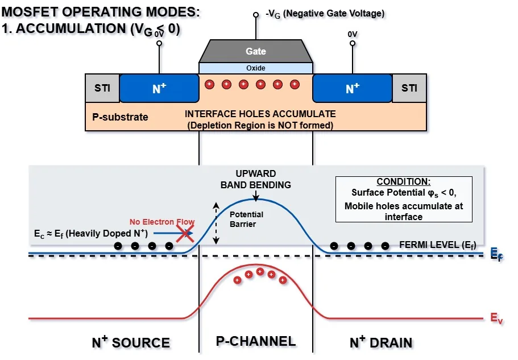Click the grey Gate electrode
coord(255,51)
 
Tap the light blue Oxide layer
coord(255,68)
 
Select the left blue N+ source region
coord(159,88)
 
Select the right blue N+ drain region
coord(353,88)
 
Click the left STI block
coord(102,88)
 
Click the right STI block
coord(409,88)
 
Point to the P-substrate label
coord(120,117)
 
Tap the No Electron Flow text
coord(161,222)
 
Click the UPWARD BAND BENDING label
coord(255,179)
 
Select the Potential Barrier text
coord(246,219)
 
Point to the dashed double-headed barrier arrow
coord(216,224)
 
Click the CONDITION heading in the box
coord(404,182)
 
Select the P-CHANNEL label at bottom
coord(255,341)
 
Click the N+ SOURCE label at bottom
coord(131,342)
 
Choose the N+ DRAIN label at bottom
coord(380,342)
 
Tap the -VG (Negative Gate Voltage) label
coord(325,13)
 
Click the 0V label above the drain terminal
coord(353,34)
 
